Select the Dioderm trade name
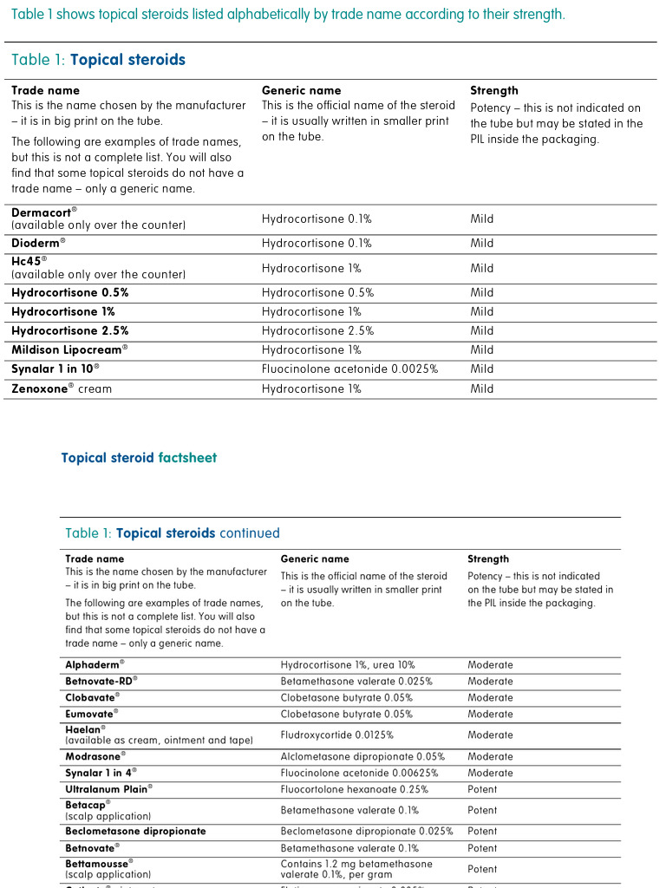(37, 244)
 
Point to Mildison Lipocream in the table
(69, 350)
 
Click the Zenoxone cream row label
(61, 389)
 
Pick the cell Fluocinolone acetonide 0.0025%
(349, 369)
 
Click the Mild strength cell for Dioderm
(481, 244)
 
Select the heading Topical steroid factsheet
(139, 458)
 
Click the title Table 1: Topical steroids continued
(173, 533)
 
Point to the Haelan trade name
(85, 730)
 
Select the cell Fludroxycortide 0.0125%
(336, 735)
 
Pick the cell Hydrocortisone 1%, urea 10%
(348, 665)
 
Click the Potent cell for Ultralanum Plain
(482, 790)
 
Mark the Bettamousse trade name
(98, 865)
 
